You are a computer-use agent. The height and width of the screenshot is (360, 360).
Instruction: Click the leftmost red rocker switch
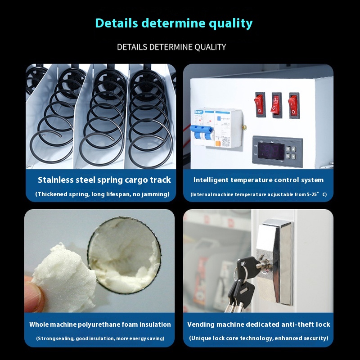tap(260, 105)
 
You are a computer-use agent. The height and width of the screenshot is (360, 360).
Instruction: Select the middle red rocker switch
tap(276, 105)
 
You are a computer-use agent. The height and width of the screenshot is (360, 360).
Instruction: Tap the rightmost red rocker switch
tap(294, 105)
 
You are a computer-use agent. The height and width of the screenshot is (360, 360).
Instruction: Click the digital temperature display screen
tap(271, 152)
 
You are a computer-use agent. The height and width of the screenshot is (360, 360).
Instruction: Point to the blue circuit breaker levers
tap(201, 132)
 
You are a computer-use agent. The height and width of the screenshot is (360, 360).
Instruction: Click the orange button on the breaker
tap(218, 144)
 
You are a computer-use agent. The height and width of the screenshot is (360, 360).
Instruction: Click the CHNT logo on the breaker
tap(198, 112)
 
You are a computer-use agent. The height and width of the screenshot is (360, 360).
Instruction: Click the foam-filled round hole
tap(124, 255)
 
